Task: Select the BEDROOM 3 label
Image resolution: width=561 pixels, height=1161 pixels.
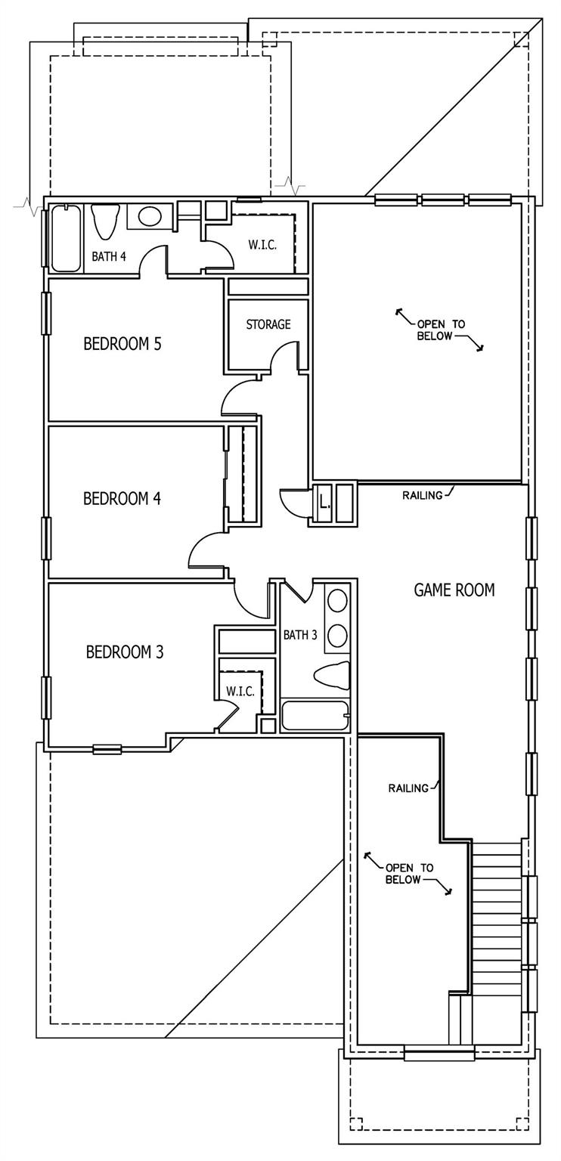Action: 125,652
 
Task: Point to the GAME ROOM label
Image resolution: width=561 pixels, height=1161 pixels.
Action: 454,590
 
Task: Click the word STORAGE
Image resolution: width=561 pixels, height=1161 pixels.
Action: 268,324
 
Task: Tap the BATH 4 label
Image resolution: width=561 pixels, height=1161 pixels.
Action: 109,257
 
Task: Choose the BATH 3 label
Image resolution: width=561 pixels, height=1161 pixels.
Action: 300,635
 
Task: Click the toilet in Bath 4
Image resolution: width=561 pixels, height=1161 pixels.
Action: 105,220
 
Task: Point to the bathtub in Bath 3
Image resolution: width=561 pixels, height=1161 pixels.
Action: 314,716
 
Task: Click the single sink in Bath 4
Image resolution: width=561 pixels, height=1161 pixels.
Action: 150,218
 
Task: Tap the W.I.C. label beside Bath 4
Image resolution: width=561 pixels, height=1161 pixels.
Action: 264,245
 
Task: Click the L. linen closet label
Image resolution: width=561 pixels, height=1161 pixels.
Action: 324,500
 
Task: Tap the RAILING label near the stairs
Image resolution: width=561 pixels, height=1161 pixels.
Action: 408,788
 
